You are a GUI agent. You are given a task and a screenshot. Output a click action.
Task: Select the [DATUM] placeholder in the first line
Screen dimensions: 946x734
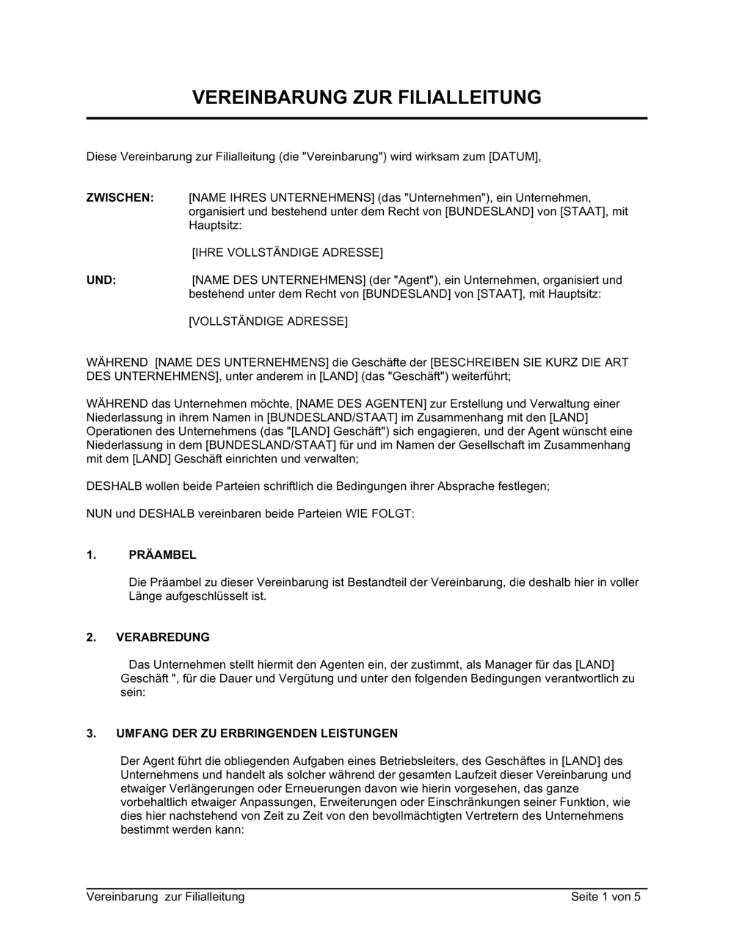pyautogui.click(x=514, y=156)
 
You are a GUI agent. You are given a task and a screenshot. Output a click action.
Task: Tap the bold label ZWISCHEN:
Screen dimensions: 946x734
pyautogui.click(x=120, y=198)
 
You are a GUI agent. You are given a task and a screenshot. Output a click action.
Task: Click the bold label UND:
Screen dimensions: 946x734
pyautogui.click(x=101, y=280)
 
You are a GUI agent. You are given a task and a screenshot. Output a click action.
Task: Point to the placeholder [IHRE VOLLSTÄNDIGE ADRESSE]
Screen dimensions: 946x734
pyautogui.click(x=287, y=253)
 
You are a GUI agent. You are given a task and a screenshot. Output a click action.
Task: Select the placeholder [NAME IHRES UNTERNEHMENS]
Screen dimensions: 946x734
pyautogui.click(x=281, y=198)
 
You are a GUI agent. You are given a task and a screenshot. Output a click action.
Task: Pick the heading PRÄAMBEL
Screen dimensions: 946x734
pyautogui.click(x=162, y=555)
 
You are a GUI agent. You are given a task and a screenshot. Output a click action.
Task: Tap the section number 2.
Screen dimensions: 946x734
pyautogui.click(x=91, y=637)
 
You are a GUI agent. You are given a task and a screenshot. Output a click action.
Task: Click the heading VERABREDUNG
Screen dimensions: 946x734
pyautogui.click(x=163, y=637)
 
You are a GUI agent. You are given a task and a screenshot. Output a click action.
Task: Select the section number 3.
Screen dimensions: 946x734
pyautogui.click(x=91, y=733)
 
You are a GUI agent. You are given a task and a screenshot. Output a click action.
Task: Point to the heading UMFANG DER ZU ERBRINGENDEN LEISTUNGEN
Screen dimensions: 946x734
pyautogui.click(x=257, y=733)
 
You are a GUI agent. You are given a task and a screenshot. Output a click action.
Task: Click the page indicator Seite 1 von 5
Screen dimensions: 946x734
pyautogui.click(x=606, y=897)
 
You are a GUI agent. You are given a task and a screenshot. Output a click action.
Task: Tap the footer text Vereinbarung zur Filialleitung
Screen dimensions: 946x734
pyautogui.click(x=165, y=897)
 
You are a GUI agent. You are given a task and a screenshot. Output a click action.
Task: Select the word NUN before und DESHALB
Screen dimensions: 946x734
pyautogui.click(x=99, y=514)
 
